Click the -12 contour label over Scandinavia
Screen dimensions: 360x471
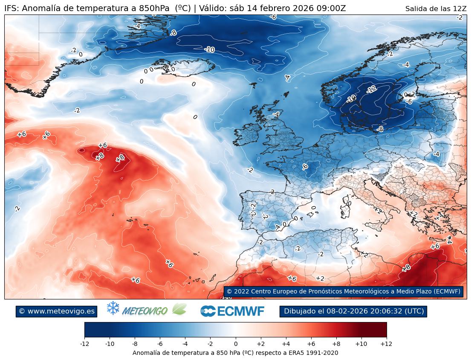(x=371, y=89)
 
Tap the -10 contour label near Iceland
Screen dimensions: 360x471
(x=209, y=49)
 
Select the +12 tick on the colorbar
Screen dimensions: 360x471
(x=386, y=343)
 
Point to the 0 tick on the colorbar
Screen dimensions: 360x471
(x=236, y=343)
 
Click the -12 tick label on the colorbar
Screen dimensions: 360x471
(x=85, y=343)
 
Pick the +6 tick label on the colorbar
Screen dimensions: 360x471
(x=311, y=343)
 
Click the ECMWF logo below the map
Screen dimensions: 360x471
(x=232, y=311)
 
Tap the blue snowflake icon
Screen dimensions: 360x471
(x=113, y=308)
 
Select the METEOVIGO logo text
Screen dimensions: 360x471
(x=144, y=311)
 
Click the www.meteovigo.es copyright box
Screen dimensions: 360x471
(x=57, y=311)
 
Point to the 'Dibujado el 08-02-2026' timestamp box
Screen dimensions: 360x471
(x=353, y=311)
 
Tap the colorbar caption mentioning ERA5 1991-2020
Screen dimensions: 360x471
(x=235, y=353)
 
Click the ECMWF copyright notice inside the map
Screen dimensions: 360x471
(x=343, y=291)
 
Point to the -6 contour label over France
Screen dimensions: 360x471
(x=305, y=166)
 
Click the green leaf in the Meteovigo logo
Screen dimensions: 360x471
(x=179, y=309)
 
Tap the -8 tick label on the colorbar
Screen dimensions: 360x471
(x=135, y=343)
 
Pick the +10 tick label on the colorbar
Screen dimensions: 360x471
(x=361, y=343)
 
